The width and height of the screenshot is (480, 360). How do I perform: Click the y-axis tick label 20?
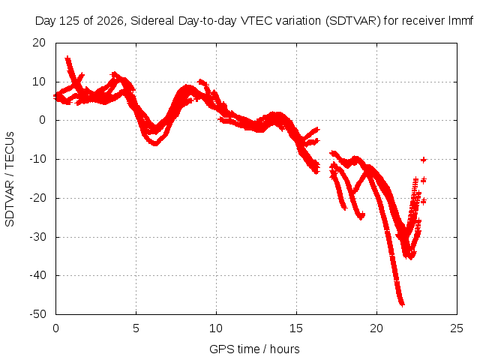pyautogui.click(x=39, y=43)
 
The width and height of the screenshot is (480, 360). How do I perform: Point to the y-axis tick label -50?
pyautogui.click(x=37, y=314)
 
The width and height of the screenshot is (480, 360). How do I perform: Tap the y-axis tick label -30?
pyautogui.click(x=37, y=237)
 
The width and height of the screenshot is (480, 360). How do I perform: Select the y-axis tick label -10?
pyautogui.click(x=37, y=159)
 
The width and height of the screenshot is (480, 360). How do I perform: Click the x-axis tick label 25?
pyautogui.click(x=457, y=328)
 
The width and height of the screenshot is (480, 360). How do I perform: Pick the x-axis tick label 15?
pyautogui.click(x=296, y=328)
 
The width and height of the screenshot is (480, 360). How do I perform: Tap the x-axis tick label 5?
pyautogui.click(x=136, y=328)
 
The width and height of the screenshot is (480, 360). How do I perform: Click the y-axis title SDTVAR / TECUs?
pyautogui.click(x=10, y=179)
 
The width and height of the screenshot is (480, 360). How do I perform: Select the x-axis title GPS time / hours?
pyautogui.click(x=254, y=349)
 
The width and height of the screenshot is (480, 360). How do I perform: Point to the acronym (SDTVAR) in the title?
pyautogui.click(x=352, y=21)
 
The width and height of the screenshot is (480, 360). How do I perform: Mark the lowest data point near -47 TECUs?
pyautogui.click(x=402, y=304)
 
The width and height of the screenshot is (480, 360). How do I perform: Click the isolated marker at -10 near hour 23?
pyautogui.click(x=423, y=160)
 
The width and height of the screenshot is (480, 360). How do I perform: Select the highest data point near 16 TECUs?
pyautogui.click(x=67, y=58)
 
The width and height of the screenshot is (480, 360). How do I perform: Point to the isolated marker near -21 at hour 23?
pyautogui.click(x=423, y=201)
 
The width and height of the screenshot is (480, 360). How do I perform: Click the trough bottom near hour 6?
pyautogui.click(x=155, y=143)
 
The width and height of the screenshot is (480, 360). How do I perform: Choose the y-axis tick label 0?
pyautogui.click(x=42, y=120)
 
